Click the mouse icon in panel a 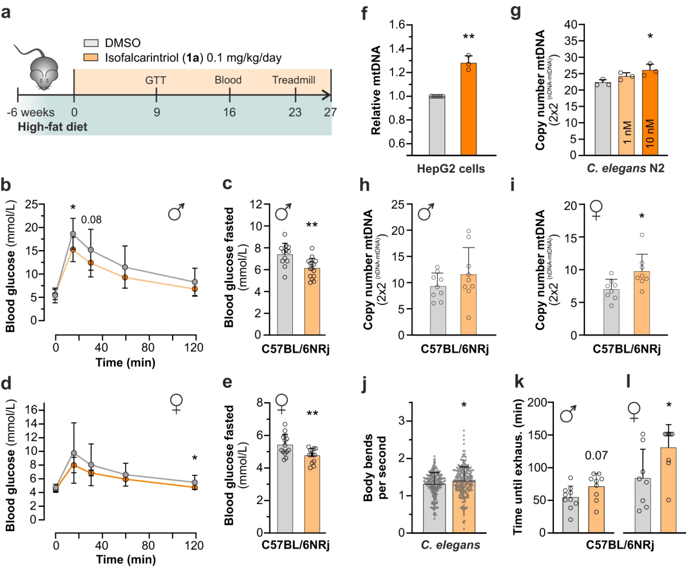point(42,68)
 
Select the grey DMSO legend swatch point(91,43)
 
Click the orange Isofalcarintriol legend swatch point(91,57)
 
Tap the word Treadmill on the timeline point(293,80)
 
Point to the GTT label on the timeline point(155,80)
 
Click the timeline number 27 point(330,112)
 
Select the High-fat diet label point(53,127)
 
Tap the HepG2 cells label point(451,168)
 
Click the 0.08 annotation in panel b point(92,219)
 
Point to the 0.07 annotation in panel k point(596,456)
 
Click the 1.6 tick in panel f point(397,25)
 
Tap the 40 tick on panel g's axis point(570,25)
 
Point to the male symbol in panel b point(176,212)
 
